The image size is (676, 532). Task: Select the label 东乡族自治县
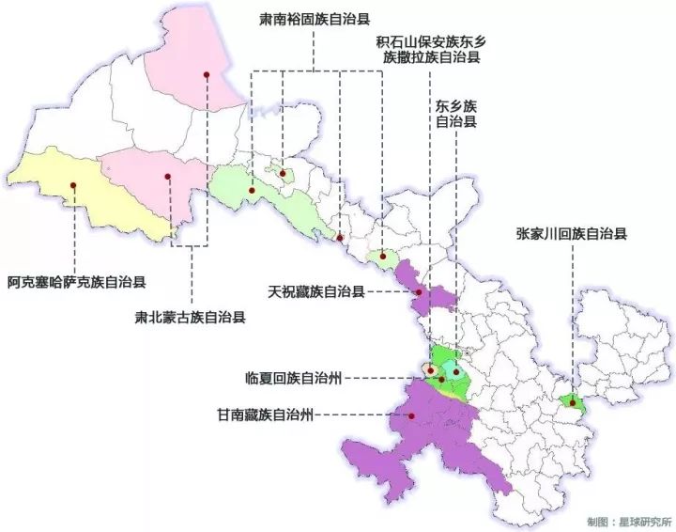coord(456,114)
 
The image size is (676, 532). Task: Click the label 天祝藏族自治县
coord(315,292)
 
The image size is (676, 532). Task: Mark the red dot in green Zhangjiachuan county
coord(572,403)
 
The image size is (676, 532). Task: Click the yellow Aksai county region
coord(94,197)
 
